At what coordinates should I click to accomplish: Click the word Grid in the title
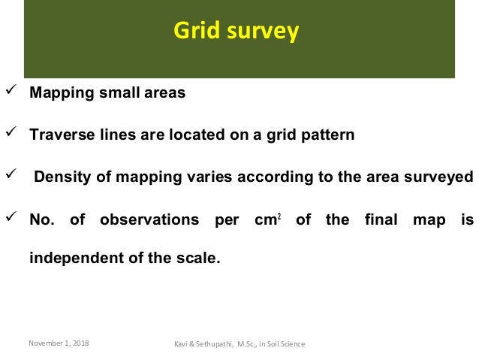196,32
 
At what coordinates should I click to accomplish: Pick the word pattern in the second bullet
327,136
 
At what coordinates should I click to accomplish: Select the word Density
61,178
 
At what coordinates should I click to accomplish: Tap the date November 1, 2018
59,343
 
